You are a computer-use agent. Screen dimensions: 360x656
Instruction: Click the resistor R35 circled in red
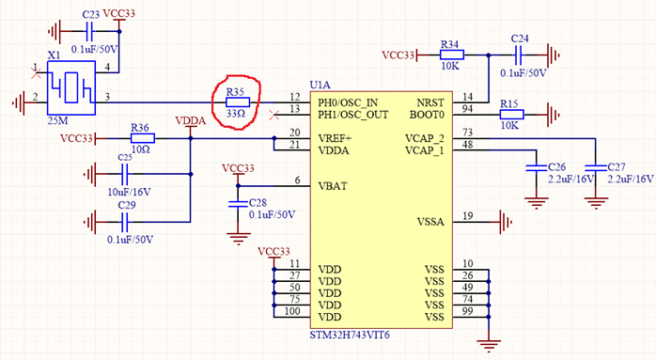coord(236,102)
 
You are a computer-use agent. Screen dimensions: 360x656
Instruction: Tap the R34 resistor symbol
coord(449,55)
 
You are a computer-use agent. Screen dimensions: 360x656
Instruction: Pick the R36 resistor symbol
coord(140,138)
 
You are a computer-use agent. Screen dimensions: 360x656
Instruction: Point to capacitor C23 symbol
coord(90,28)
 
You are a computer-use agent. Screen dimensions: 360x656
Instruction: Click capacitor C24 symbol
coord(519,55)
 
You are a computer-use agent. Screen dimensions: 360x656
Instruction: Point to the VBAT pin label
coord(334,185)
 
